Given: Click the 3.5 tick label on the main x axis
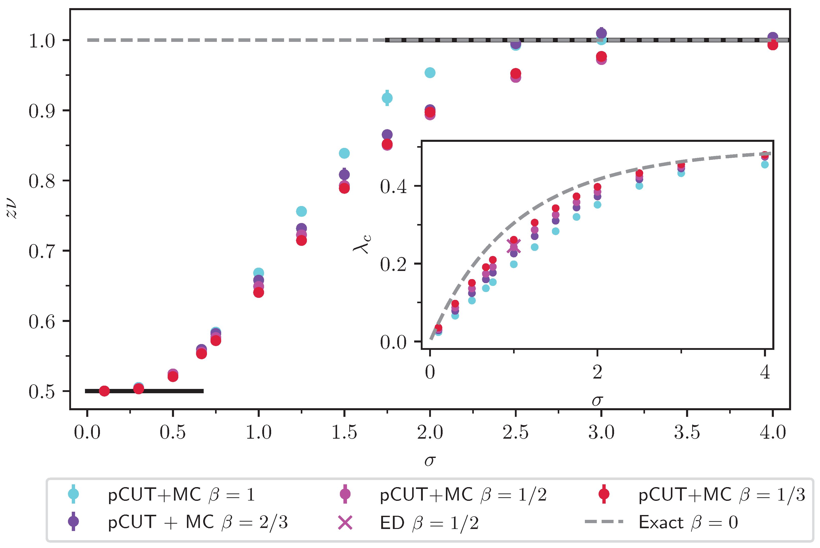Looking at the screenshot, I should pos(687,432).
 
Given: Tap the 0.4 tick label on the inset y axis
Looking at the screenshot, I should pos(393,186).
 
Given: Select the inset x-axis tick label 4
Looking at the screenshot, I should pos(765,372).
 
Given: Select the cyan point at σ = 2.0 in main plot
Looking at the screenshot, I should pos(430,73).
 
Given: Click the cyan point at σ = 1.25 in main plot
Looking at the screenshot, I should pos(301,211).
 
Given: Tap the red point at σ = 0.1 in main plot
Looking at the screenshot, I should pos(104,391).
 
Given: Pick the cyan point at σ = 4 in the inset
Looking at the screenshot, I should pos(764,164).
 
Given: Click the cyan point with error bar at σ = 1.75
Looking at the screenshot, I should pos(387,98).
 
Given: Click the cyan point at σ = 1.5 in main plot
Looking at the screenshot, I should pos(344,153).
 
